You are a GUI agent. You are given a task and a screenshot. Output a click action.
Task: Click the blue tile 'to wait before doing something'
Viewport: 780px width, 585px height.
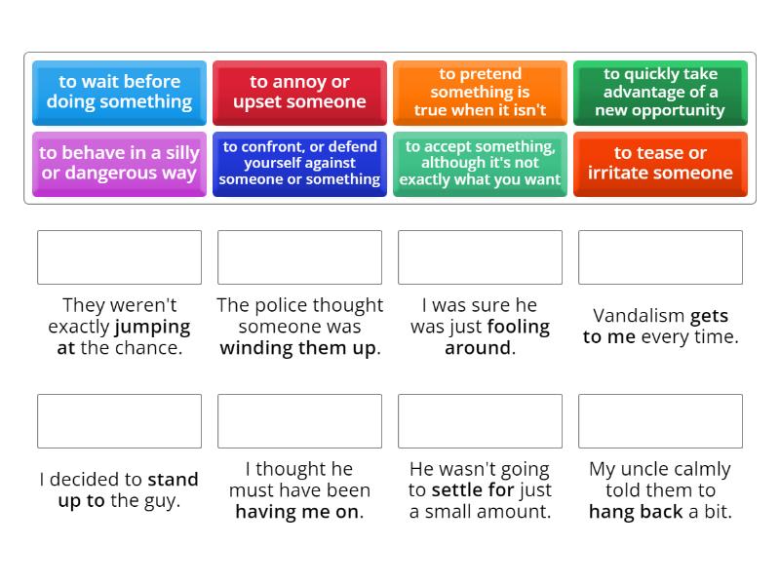(119, 93)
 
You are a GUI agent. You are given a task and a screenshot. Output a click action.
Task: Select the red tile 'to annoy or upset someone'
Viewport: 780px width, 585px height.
(299, 93)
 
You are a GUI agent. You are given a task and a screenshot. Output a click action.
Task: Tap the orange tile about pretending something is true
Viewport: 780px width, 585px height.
(480, 93)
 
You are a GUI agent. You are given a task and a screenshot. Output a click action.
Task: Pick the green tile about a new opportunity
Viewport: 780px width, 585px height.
(660, 93)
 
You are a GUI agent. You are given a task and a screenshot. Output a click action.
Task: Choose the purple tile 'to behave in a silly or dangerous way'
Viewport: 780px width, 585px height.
(119, 164)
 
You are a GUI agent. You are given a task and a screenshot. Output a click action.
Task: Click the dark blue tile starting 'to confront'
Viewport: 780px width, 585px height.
(299, 164)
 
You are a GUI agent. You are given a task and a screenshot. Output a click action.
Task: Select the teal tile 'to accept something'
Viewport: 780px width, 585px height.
(480, 164)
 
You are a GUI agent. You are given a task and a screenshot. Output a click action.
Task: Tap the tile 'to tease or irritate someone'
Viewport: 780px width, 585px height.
(660, 164)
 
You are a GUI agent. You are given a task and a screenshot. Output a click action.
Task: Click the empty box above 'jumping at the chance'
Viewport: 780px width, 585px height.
(119, 257)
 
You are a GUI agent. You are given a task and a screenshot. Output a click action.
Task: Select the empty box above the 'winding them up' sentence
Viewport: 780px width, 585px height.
(299, 257)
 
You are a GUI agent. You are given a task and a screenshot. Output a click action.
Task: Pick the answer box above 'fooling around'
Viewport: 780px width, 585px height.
(480, 257)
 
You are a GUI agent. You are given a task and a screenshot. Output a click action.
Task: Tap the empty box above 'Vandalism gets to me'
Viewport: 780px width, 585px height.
(660, 257)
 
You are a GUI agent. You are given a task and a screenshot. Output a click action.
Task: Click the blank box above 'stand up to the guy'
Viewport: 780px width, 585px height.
(119, 421)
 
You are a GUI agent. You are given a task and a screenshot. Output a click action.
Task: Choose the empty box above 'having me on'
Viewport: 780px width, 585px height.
(299, 421)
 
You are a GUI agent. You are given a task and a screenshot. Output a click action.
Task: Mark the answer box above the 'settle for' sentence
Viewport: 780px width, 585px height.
(480, 421)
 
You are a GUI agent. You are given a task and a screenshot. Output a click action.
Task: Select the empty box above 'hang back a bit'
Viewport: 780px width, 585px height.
(660, 421)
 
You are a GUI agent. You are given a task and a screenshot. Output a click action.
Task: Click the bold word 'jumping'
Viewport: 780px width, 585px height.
(152, 327)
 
